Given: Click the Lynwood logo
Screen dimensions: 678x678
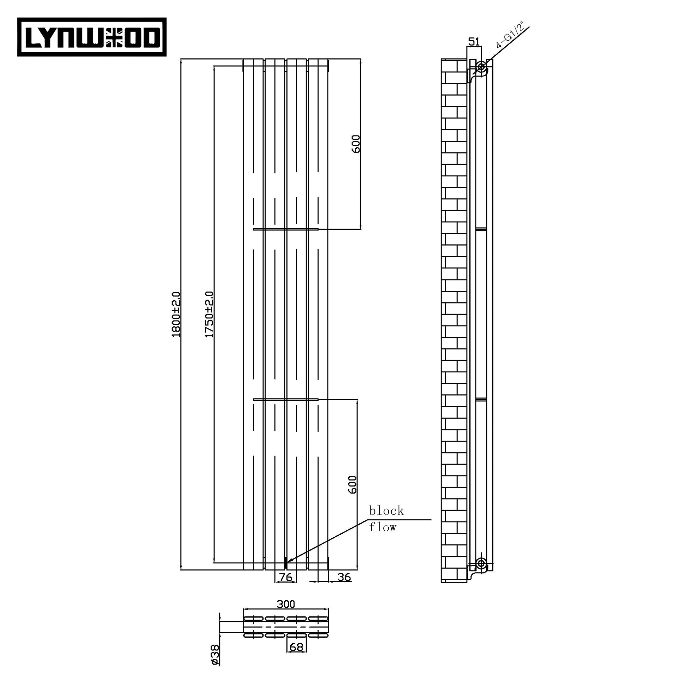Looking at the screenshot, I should pos(92,37).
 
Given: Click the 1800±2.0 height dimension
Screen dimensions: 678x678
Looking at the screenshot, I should pos(176,315).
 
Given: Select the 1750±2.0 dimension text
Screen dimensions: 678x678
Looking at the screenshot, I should pos(209,315).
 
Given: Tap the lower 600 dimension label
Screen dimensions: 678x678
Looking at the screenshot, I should pos(352,485).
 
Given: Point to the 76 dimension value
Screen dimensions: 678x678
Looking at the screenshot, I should pos(286,577).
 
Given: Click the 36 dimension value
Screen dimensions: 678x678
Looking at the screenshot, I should pos(344,577).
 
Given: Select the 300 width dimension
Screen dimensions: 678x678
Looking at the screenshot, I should pos(286,604).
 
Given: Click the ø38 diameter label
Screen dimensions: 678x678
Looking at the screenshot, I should pos(215,654).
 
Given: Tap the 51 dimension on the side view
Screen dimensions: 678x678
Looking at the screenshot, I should pos(474,42).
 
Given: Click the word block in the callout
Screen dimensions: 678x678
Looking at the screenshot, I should pos(386,511).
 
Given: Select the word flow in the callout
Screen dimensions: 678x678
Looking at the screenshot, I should pos(382,527).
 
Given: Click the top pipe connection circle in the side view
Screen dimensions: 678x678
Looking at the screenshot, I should pos(481,66).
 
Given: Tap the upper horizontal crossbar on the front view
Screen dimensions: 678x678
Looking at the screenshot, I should pos(286,229).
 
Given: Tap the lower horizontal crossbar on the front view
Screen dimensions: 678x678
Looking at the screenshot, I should pos(286,399).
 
